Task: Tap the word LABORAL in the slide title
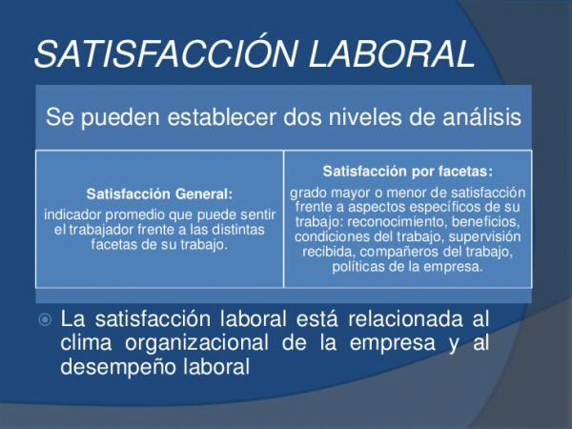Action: coord(392,54)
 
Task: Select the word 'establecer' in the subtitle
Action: coord(222,116)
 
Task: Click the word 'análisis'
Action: coord(481,116)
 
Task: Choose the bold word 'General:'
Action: coord(204,194)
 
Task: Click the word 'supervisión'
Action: coord(484,236)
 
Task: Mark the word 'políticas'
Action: coord(358,267)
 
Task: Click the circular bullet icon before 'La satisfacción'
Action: coord(45,320)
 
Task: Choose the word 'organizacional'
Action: coord(196,343)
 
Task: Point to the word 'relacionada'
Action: coord(405,319)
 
